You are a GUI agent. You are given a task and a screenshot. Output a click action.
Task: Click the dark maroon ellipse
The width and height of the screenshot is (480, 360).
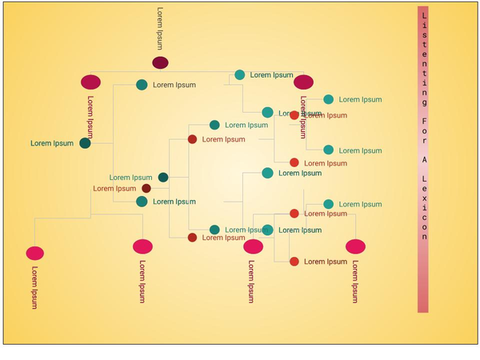(x=160, y=62)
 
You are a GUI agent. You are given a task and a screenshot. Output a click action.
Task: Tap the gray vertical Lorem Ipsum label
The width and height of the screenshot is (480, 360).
(x=160, y=29)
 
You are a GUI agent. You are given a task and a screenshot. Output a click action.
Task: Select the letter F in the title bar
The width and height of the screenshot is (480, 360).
(x=423, y=124)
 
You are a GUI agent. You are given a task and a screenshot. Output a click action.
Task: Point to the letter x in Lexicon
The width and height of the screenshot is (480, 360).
(x=423, y=204)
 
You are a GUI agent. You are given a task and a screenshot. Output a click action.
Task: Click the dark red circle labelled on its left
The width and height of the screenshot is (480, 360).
(x=146, y=189)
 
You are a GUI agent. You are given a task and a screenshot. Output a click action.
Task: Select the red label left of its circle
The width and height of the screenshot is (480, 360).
(x=114, y=189)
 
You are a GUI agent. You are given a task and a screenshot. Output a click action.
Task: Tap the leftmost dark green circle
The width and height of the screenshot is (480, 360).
(x=85, y=143)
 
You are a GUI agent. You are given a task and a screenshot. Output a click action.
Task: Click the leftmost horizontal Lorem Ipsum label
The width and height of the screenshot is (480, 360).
(x=52, y=143)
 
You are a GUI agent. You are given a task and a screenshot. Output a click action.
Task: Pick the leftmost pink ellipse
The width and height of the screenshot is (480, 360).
(x=34, y=253)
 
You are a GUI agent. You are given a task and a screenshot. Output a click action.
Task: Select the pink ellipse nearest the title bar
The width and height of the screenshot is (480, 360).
(x=355, y=246)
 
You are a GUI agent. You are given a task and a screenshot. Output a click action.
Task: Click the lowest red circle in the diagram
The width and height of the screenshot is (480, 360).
(x=294, y=262)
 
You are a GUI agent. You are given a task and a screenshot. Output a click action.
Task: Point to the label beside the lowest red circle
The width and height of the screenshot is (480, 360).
(x=326, y=262)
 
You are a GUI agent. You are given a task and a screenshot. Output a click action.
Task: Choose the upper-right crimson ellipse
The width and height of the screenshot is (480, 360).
(x=303, y=82)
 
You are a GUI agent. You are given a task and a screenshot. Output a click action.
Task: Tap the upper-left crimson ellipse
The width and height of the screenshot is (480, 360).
(x=91, y=82)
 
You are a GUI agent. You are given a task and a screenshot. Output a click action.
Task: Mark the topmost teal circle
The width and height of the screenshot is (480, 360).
(x=239, y=75)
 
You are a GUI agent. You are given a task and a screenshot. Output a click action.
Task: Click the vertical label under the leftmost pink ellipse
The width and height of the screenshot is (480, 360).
(x=34, y=286)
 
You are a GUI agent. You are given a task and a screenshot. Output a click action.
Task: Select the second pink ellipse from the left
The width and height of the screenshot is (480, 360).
(x=142, y=246)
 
